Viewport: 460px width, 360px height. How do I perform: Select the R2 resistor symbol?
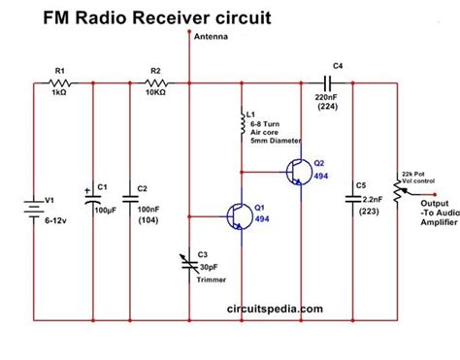coord(155,86)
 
